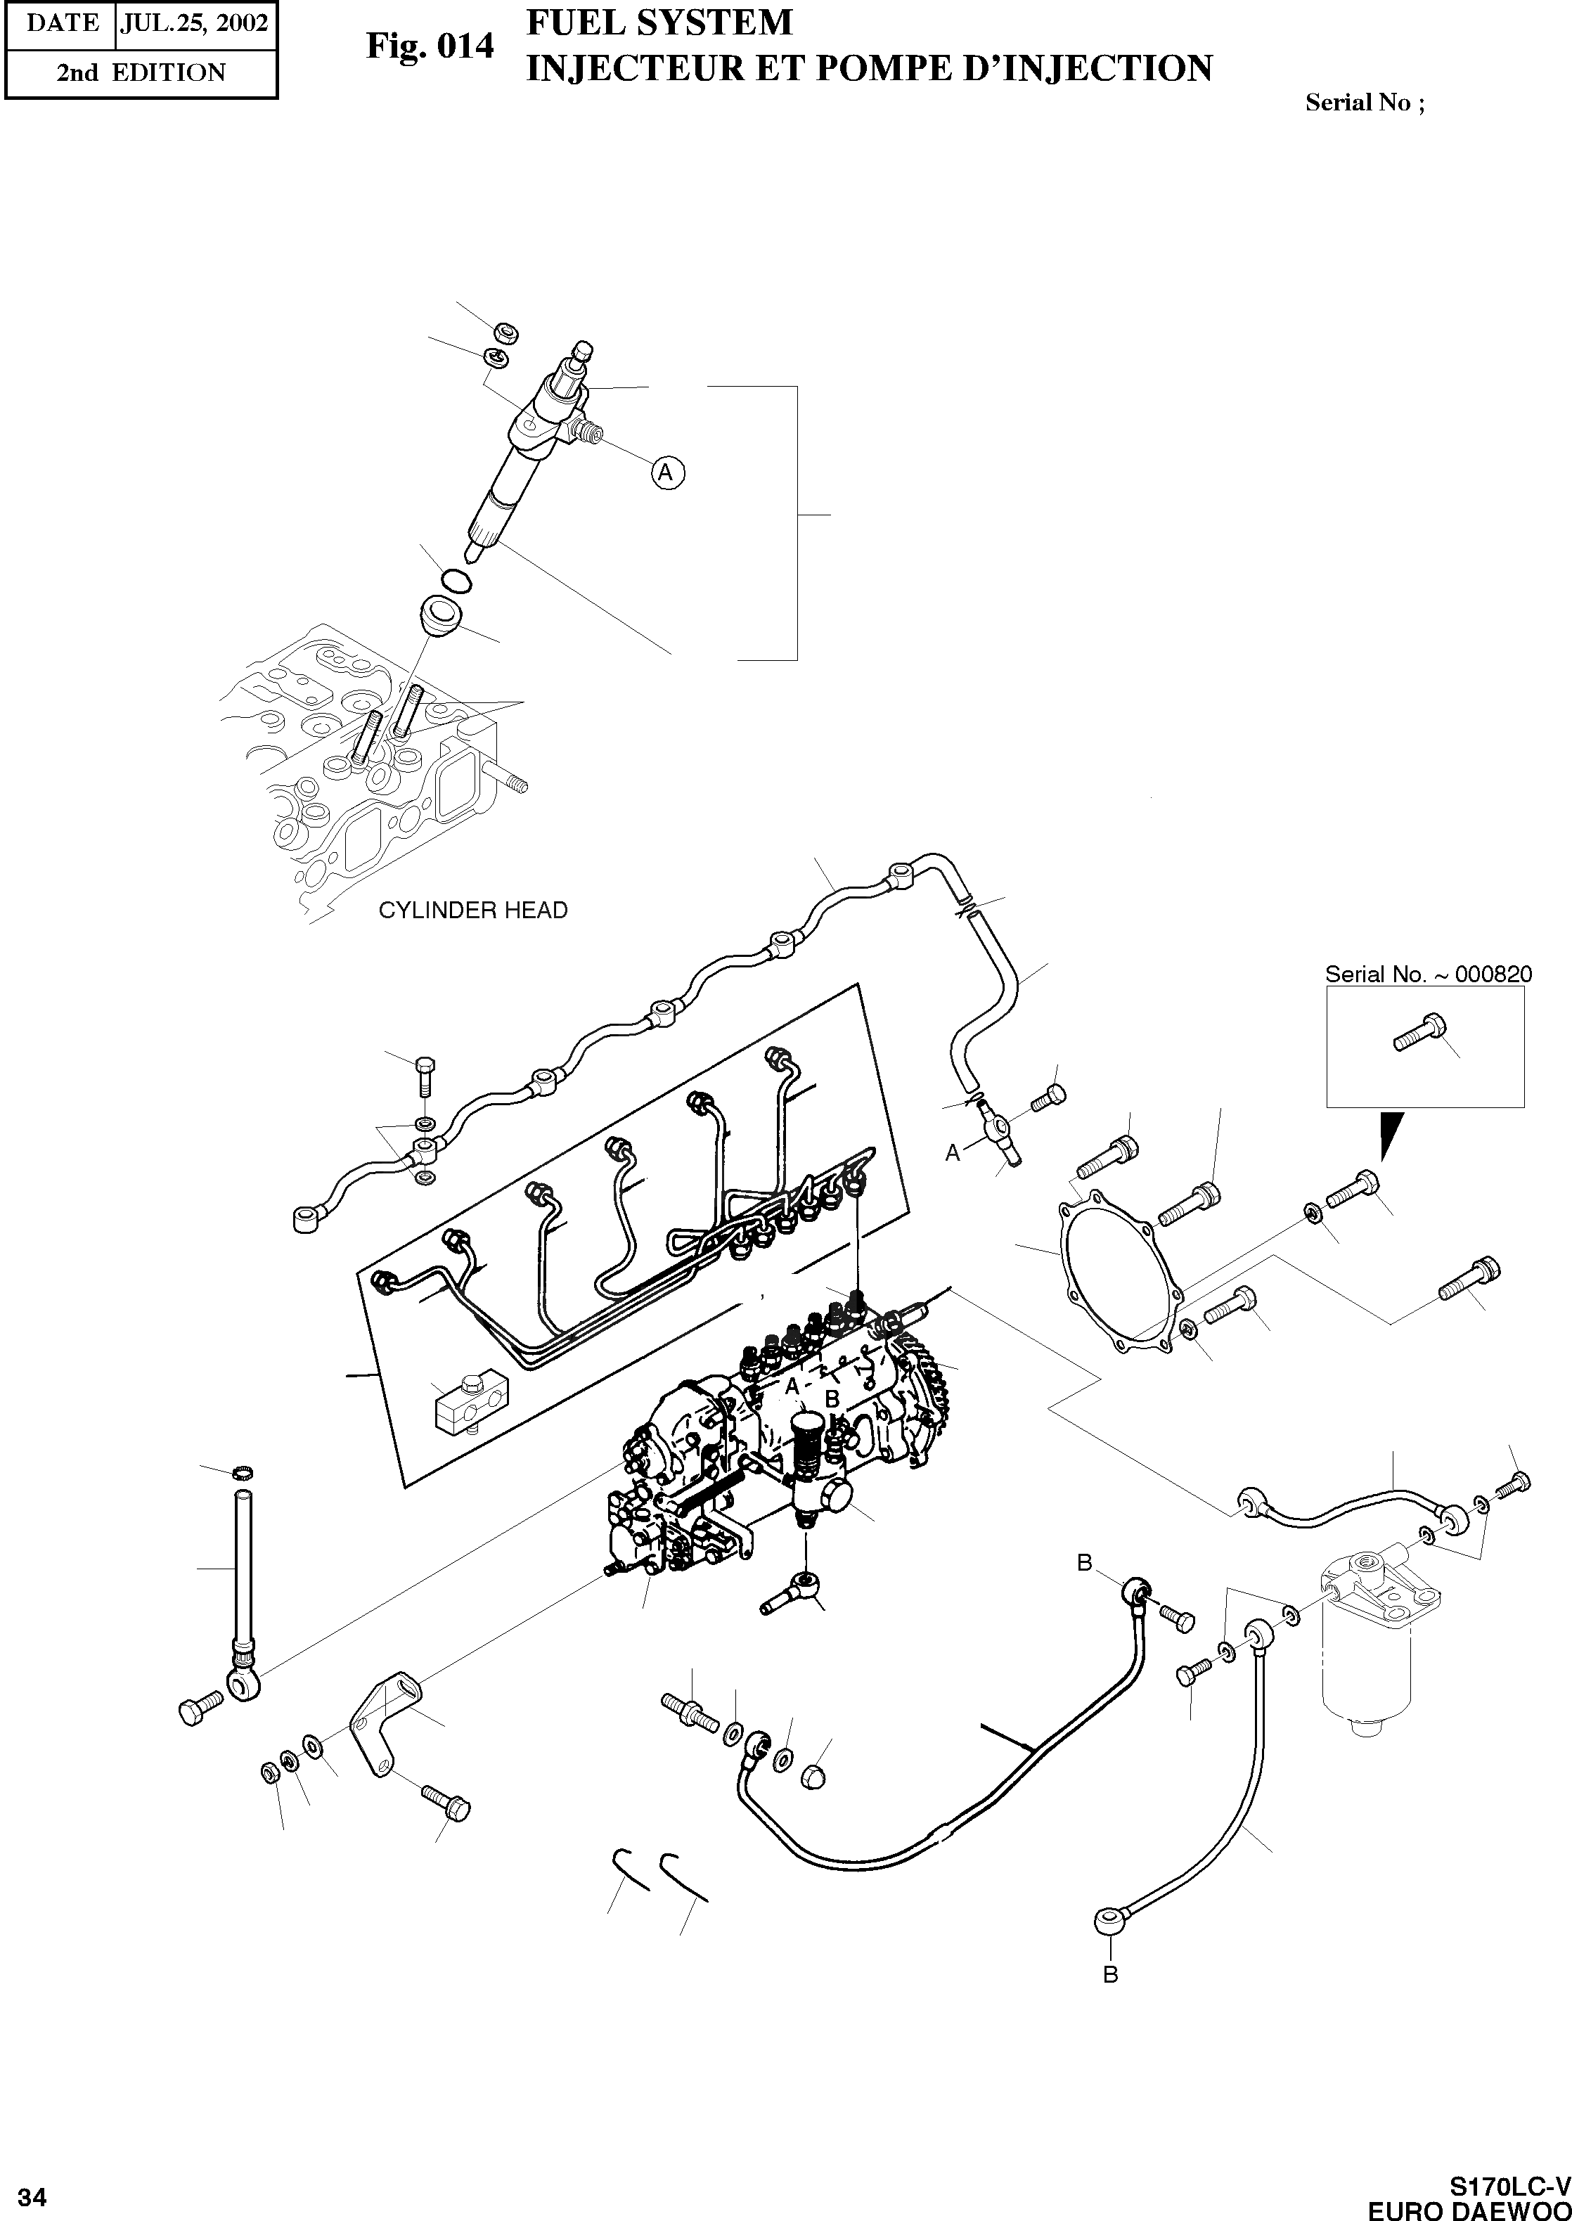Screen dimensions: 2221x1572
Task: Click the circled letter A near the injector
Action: coord(666,472)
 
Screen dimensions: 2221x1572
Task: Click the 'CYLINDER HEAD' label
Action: coord(472,910)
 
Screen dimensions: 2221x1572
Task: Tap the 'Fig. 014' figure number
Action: coord(430,46)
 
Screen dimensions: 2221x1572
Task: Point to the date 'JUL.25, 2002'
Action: coord(193,23)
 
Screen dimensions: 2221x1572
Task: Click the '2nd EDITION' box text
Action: coord(141,72)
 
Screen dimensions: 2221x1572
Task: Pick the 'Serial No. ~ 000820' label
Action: coord(1428,974)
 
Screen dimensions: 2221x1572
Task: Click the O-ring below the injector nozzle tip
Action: coord(455,581)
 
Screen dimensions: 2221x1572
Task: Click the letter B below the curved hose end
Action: coord(1110,1974)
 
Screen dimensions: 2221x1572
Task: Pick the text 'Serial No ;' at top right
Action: coord(1365,102)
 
